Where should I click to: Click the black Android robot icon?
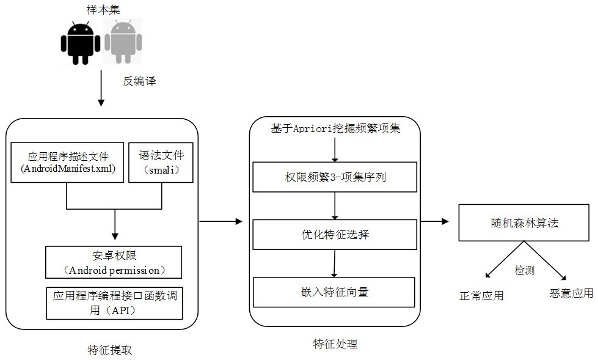coord(81,42)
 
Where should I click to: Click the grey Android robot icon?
coord(123,42)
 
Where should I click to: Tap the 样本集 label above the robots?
coord(103,10)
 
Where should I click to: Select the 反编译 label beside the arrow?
coord(139,81)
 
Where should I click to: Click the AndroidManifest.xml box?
coord(68,162)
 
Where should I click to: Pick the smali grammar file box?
coord(161,162)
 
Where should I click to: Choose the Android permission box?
coord(114,262)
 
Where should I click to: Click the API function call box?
coord(114,303)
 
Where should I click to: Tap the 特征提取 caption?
coord(110,350)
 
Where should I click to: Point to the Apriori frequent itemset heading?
coord(335,128)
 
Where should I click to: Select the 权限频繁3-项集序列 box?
coord(335,177)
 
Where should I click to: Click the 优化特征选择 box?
coord(335,235)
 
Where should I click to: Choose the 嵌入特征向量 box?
coord(334,292)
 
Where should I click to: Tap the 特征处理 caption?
coord(335,344)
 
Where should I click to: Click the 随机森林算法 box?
coord(523,223)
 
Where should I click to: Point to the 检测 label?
coord(525,270)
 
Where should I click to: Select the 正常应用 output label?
coord(481,295)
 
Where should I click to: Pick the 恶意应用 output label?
coord(571,293)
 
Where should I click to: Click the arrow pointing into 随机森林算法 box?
coord(434,221)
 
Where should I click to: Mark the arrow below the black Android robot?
coord(101,88)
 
